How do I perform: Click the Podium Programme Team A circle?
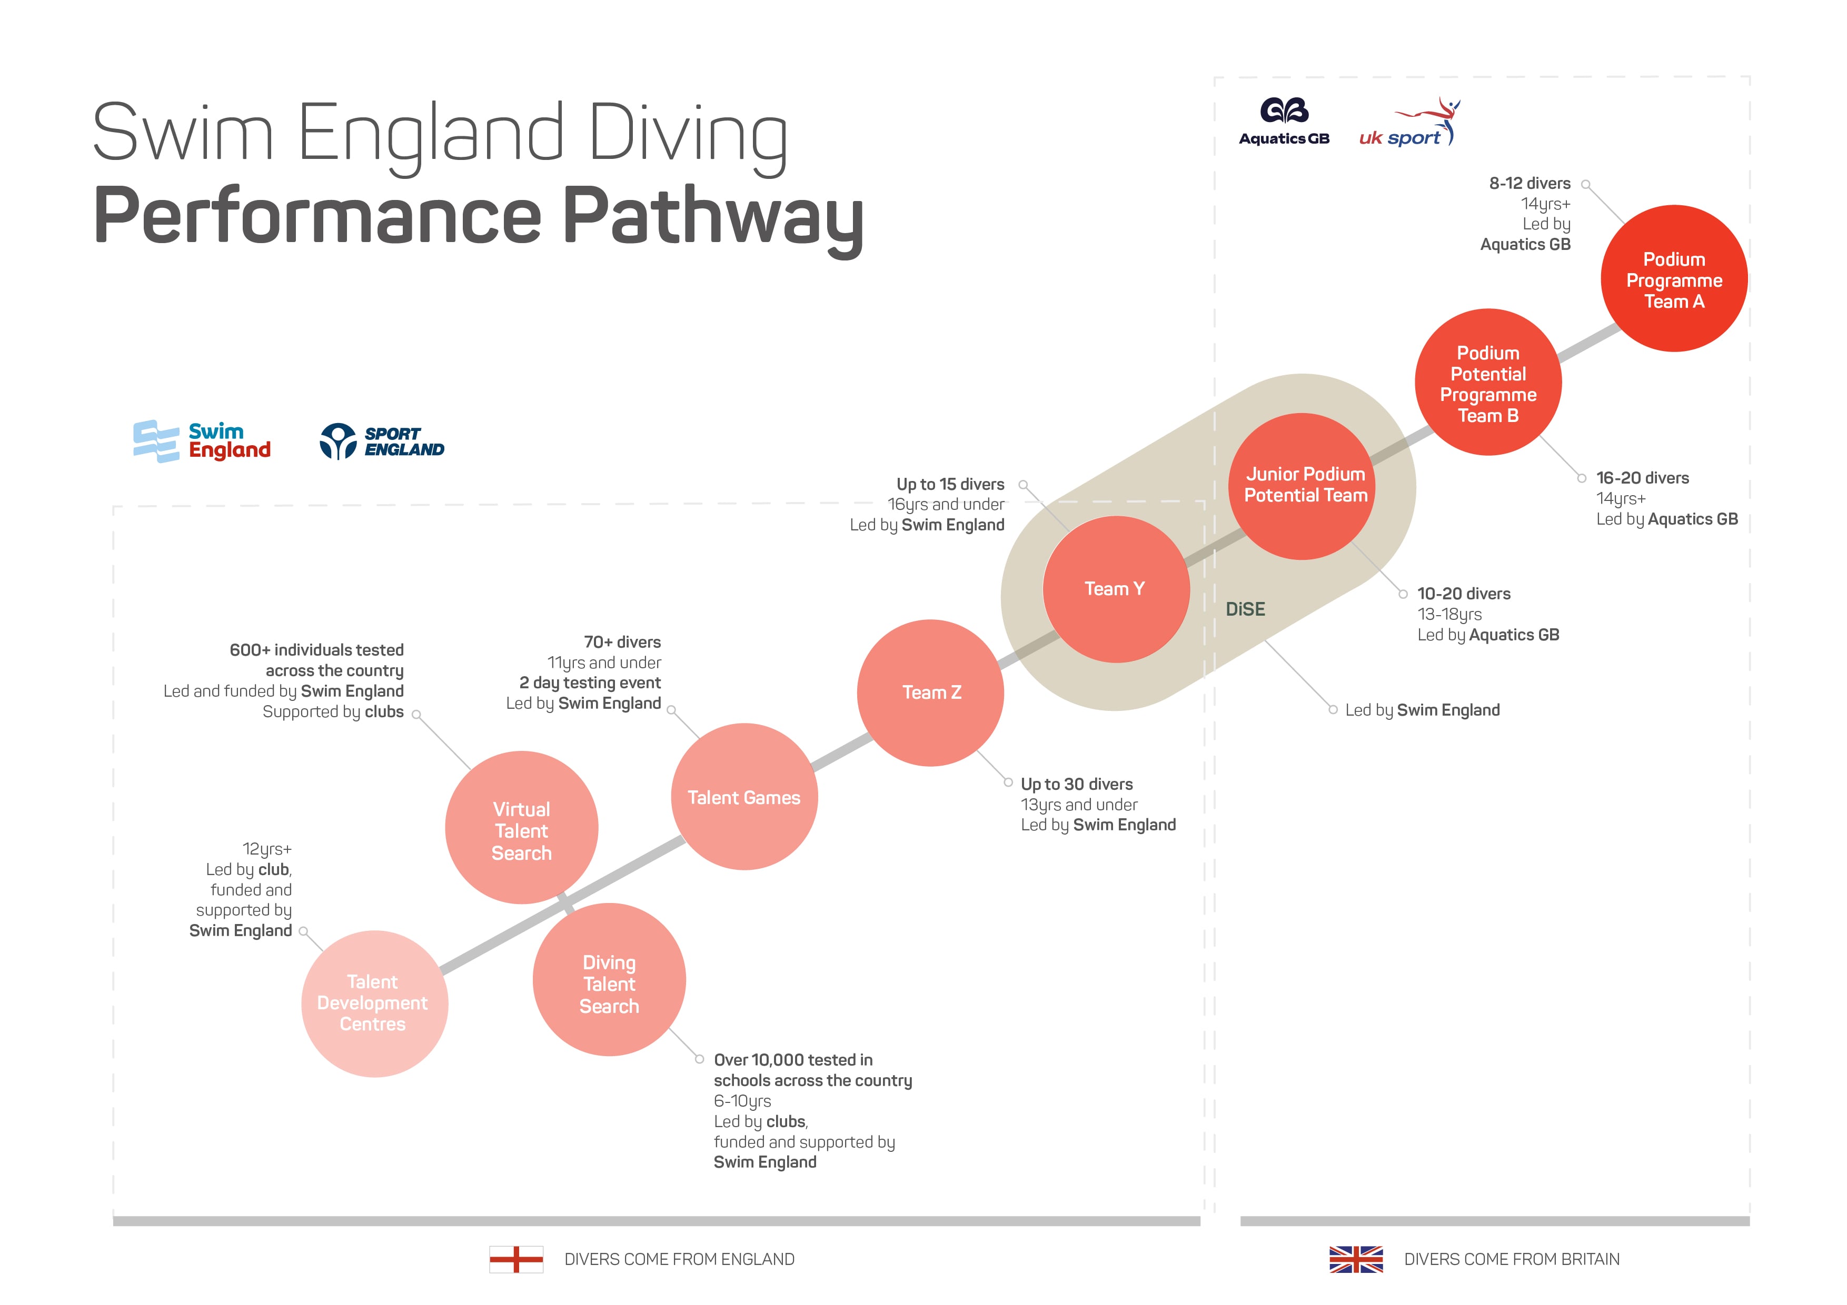click(x=1674, y=278)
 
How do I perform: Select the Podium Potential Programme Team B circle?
click(x=1488, y=382)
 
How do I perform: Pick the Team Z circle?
click(x=931, y=692)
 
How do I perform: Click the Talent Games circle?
click(x=744, y=796)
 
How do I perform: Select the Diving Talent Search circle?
click(x=609, y=979)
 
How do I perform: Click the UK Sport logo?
click(x=1409, y=122)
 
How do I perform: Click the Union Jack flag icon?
click(x=1356, y=1259)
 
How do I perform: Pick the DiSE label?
click(x=1245, y=609)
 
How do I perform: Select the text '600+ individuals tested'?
click(x=317, y=650)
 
